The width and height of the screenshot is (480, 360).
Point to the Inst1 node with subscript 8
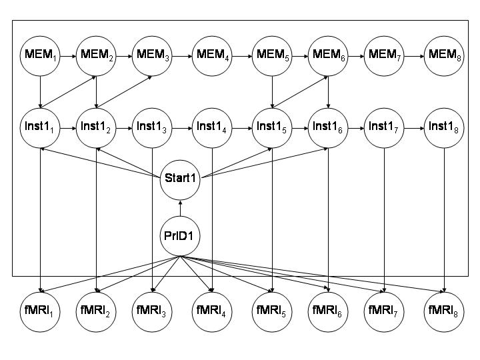(445, 127)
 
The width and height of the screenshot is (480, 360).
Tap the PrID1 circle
(180, 237)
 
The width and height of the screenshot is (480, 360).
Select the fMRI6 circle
(328, 310)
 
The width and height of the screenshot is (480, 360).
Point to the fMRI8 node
(445, 310)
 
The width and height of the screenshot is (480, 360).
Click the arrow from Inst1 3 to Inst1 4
(183, 127)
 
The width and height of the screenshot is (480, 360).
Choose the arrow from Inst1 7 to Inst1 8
(414, 127)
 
